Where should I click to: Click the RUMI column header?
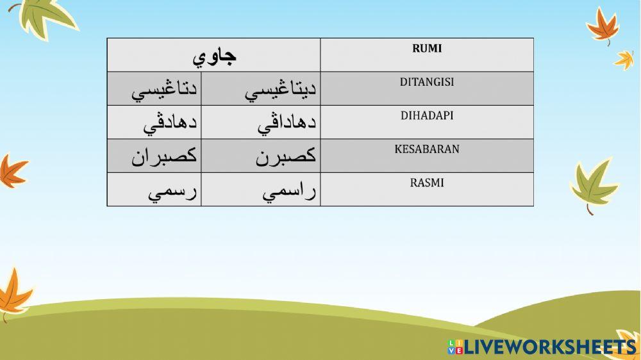426,49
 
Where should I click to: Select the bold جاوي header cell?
214,56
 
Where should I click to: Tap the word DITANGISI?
426,83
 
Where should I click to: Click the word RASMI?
426,183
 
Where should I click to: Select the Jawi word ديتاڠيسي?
281,91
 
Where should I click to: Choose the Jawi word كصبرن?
286,157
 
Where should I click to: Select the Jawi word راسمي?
290,192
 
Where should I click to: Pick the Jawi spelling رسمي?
172,192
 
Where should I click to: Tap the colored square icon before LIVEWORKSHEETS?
455,347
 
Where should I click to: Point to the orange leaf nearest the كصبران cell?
12,170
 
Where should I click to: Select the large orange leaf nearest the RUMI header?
603,26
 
